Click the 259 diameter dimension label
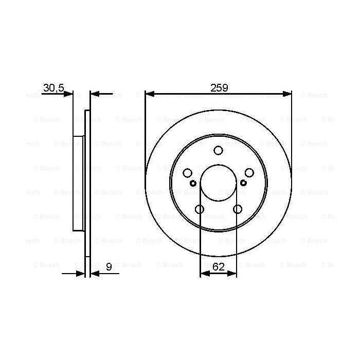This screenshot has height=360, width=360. [219, 87]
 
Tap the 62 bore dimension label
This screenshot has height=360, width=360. [219, 267]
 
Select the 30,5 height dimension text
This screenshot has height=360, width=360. [53, 88]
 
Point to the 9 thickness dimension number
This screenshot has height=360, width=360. [109, 267]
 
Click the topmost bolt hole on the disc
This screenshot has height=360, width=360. [218, 150]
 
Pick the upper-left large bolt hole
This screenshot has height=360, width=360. [188, 173]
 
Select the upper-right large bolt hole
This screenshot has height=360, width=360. [249, 173]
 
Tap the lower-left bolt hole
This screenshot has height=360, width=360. [200, 209]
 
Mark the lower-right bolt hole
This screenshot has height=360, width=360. [237, 209]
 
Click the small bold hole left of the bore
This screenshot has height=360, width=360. [193, 183]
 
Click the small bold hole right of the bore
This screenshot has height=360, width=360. [243, 183]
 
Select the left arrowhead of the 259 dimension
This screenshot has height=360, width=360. [150, 94]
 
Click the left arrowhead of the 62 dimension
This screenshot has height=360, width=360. [204, 274]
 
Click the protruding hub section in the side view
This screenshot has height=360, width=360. [79, 183]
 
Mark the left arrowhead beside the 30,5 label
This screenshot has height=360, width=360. [69, 94]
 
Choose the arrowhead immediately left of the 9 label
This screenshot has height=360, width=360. [95, 274]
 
